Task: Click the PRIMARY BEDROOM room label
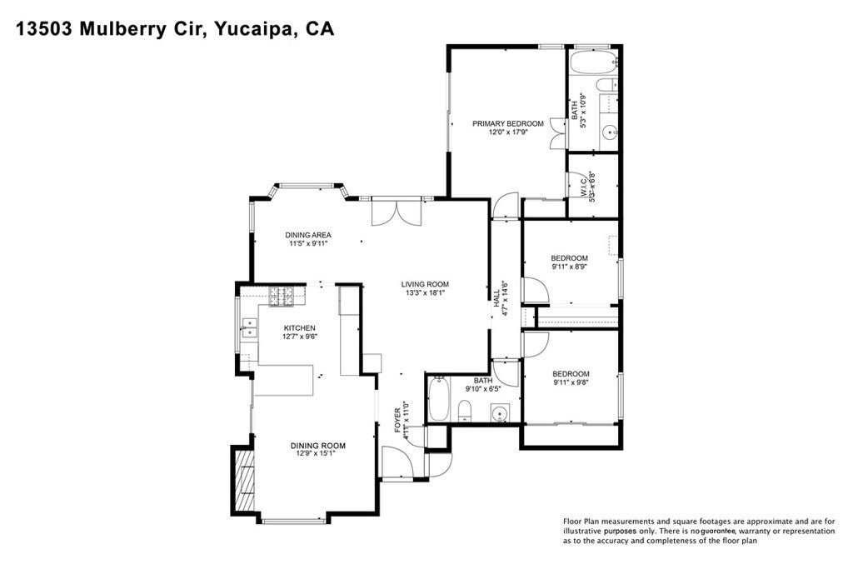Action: [x=507, y=123]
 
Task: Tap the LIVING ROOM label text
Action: [x=426, y=283]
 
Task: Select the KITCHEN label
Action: [x=300, y=327]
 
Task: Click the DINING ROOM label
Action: [x=317, y=446]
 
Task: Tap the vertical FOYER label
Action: [x=398, y=417]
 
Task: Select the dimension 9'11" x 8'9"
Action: [x=569, y=267]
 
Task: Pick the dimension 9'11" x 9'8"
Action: [x=571, y=383]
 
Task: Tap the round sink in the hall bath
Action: [x=500, y=412]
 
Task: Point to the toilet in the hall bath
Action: [x=466, y=410]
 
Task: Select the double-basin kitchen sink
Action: [x=247, y=327]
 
